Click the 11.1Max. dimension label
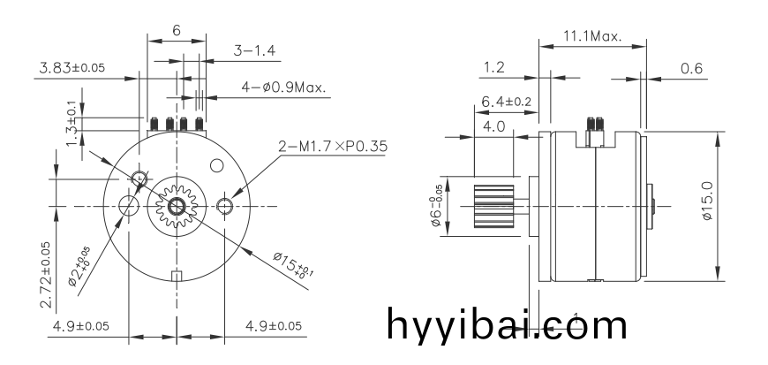click(x=591, y=36)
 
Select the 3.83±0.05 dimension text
click(x=72, y=68)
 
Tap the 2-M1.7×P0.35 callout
click(x=333, y=146)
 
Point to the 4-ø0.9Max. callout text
click(x=283, y=87)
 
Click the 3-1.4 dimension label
click(x=254, y=51)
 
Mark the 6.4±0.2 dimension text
click(x=507, y=103)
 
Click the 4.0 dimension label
click(x=494, y=126)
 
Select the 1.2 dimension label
click(x=494, y=67)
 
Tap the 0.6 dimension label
click(x=692, y=67)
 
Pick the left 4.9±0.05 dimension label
click(x=81, y=326)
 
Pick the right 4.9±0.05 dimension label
click(x=273, y=326)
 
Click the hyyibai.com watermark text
click(x=507, y=325)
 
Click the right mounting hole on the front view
click(x=225, y=207)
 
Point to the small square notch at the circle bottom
click(x=177, y=275)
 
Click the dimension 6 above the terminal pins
click(x=177, y=30)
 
